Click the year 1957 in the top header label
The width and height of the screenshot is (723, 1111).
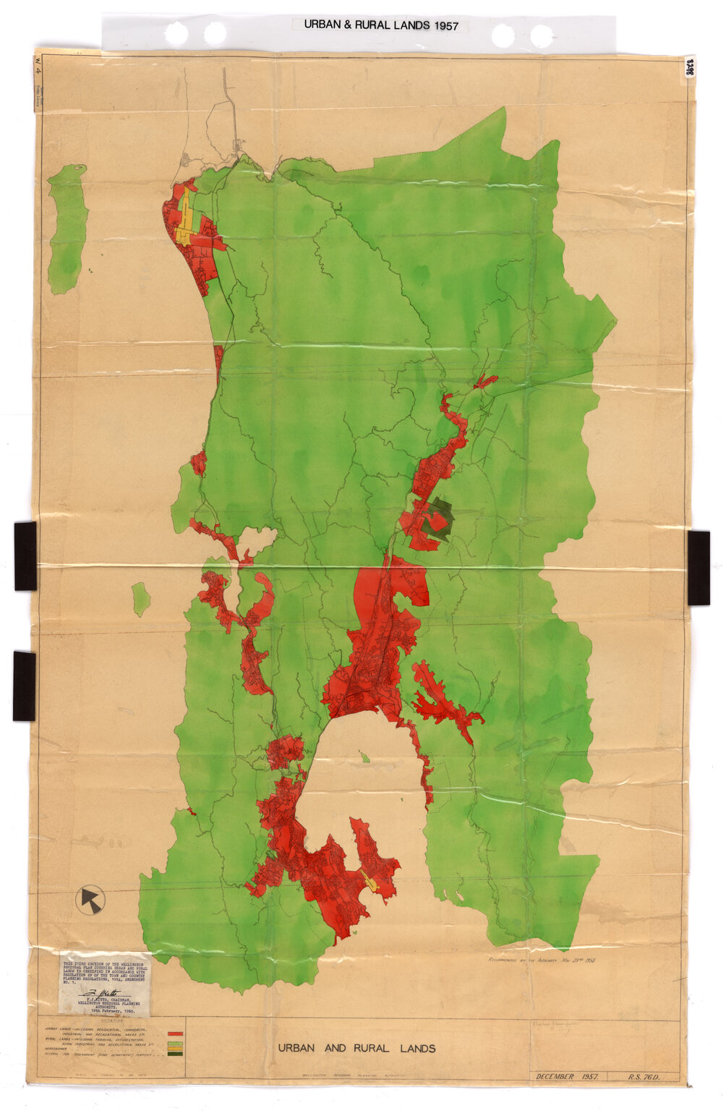click(446, 25)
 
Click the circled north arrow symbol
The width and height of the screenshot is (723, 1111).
click(90, 900)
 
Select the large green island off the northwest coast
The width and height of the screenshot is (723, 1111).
click(67, 228)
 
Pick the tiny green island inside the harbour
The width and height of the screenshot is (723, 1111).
click(366, 758)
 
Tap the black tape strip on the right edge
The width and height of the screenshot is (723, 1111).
click(698, 567)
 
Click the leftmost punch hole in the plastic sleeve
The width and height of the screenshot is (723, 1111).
click(177, 33)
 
